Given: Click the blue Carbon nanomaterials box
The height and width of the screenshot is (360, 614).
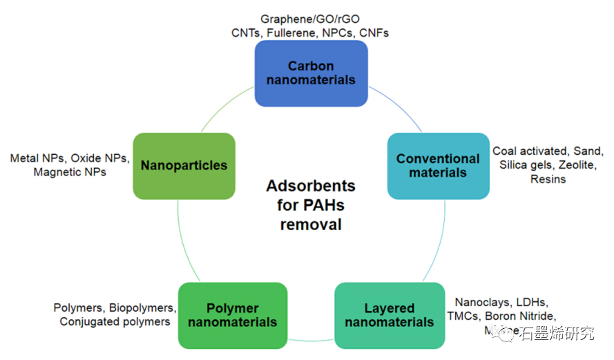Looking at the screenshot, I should [311, 73].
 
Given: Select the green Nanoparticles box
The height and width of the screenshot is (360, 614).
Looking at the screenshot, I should [184, 165].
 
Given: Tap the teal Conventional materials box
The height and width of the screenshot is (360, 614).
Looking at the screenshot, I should [438, 165].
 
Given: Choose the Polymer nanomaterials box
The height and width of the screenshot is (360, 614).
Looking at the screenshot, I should [232, 315].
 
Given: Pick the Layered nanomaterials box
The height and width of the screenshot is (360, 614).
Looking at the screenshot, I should [390, 315].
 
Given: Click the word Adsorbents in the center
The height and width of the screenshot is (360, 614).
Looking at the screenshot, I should [311, 186].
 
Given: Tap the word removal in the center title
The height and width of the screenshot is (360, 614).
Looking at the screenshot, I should [311, 225].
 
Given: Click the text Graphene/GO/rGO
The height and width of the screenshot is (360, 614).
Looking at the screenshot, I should [310, 19].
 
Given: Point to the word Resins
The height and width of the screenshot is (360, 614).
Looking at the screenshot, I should [548, 180].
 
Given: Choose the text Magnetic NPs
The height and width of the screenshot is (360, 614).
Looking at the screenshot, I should [70, 172].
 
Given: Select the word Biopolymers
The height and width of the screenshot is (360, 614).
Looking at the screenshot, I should [142, 307].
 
